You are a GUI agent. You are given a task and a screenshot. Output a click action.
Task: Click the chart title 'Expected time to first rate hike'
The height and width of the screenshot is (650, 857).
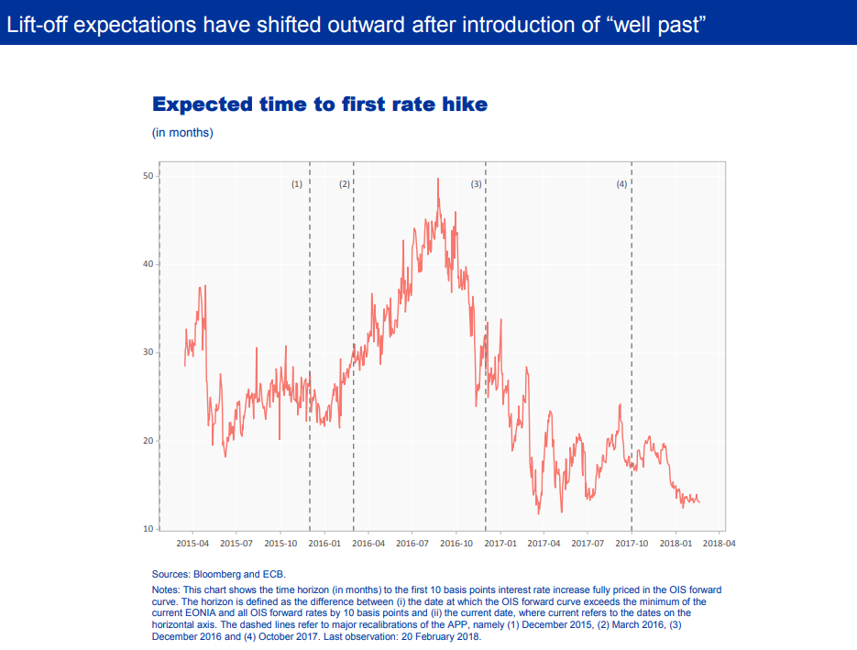point(320,104)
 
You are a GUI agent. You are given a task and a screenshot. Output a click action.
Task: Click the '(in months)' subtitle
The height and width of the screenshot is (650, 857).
point(182,133)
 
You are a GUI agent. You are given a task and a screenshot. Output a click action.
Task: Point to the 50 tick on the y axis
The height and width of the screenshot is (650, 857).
point(148,176)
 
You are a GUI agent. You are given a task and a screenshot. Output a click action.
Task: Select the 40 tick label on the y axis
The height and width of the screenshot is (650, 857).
point(148,264)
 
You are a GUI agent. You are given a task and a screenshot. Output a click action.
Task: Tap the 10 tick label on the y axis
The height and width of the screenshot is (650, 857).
point(148,529)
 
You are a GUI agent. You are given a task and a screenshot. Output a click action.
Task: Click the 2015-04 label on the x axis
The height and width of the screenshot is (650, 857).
point(192,544)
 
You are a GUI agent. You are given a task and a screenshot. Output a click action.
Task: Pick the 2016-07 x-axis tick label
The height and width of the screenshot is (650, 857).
point(412,544)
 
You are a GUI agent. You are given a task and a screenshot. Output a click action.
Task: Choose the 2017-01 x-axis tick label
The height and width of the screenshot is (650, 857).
point(500,544)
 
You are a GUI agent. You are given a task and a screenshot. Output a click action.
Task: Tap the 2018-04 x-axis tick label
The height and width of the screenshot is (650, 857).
point(720,544)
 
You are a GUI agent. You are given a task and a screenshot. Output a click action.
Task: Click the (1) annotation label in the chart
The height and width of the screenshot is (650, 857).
point(297,184)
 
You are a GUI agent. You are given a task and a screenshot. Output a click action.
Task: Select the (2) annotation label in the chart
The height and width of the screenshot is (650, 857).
point(345,184)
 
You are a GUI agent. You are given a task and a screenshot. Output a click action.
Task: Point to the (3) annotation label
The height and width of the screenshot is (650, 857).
point(477,184)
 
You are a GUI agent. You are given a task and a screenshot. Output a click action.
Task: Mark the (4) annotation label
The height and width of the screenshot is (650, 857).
point(622,184)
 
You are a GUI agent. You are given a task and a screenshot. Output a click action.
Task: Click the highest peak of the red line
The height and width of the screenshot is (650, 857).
point(438,179)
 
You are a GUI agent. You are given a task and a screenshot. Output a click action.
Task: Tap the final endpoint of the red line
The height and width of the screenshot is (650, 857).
point(699,501)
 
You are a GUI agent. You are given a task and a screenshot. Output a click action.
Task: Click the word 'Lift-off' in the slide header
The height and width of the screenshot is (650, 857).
point(37,25)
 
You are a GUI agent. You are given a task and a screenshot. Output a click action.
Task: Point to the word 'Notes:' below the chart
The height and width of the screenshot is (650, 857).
point(166,589)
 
